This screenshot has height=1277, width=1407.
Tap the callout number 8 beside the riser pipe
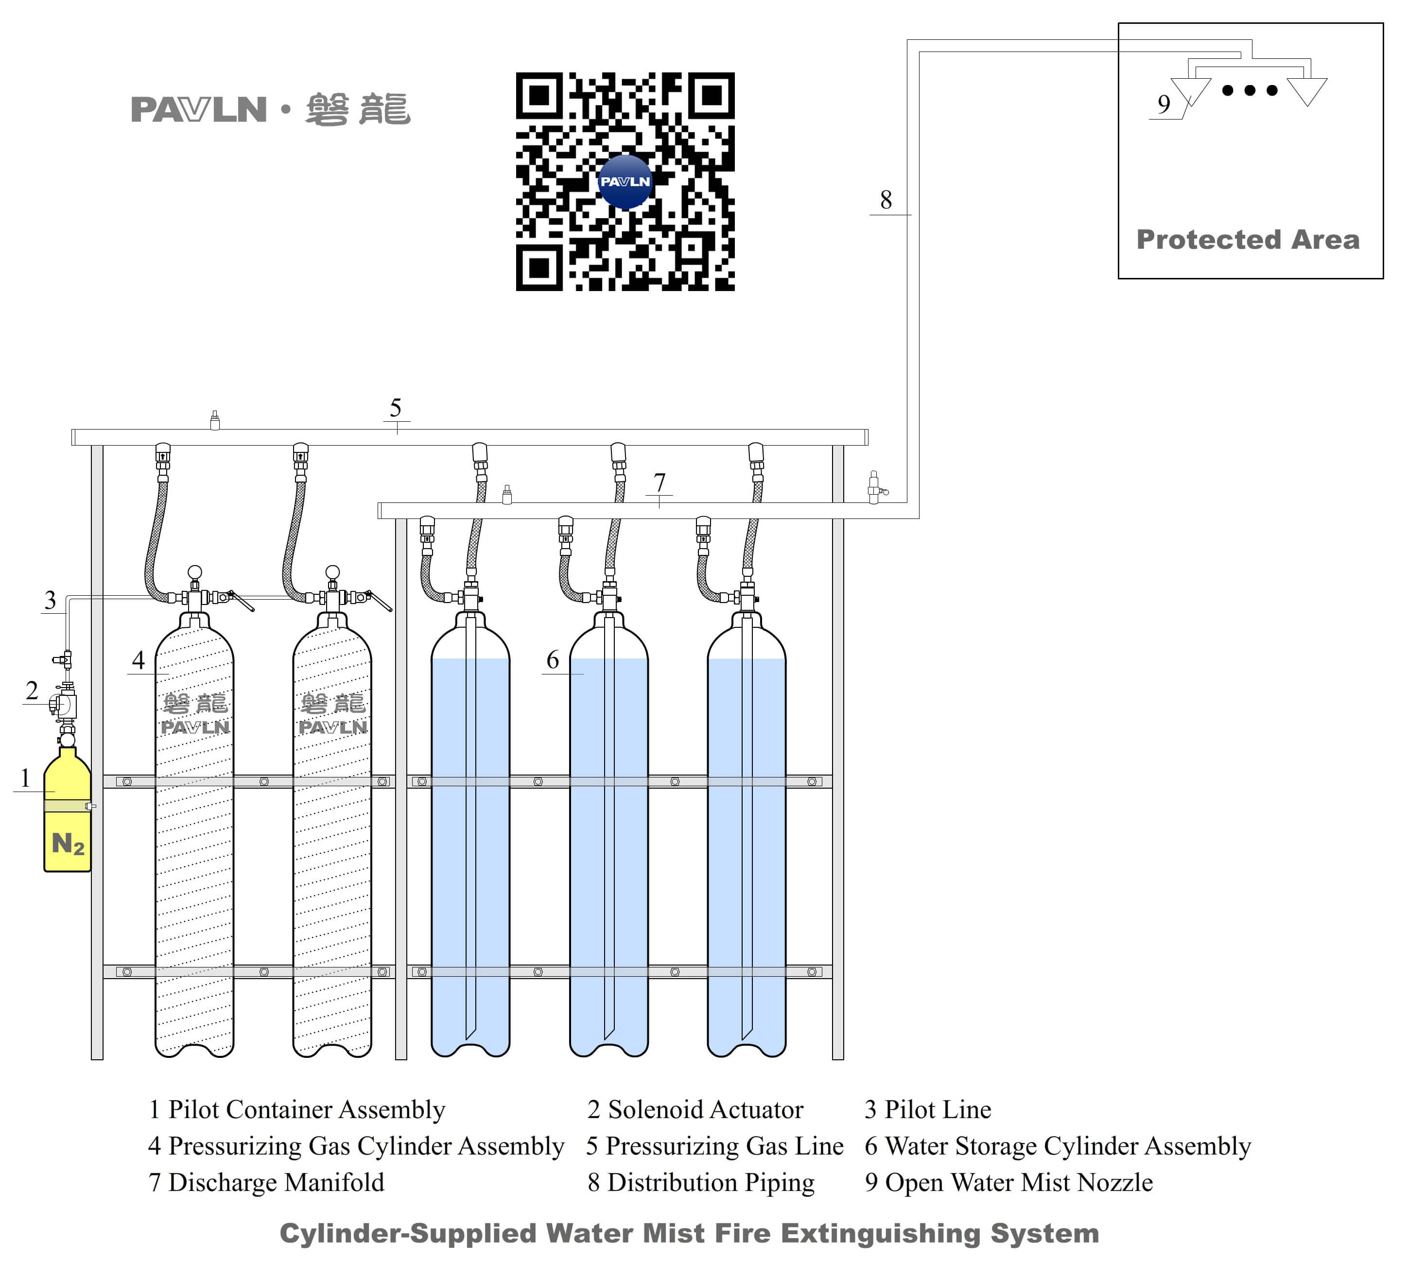pyautogui.click(x=886, y=200)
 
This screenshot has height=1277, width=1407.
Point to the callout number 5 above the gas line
pyautogui.click(x=396, y=408)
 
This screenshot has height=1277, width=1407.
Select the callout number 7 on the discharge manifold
pyautogui.click(x=660, y=482)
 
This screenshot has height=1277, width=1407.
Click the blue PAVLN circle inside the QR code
pyautogui.click(x=625, y=181)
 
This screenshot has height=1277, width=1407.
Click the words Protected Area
pyautogui.click(x=1248, y=240)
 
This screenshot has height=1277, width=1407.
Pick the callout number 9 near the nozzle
pyautogui.click(x=1164, y=104)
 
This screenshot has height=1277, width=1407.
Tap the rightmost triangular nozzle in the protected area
pyautogui.click(x=1306, y=90)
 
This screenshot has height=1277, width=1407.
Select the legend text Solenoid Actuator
pyautogui.click(x=705, y=1109)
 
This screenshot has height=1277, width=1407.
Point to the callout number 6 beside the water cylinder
pyautogui.click(x=553, y=659)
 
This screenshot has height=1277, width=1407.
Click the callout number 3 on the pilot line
pyautogui.click(x=50, y=600)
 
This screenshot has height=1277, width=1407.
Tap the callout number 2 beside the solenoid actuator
pyautogui.click(x=32, y=691)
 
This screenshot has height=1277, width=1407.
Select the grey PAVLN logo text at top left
pyautogui.click(x=199, y=109)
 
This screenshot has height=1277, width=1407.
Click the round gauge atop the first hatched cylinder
pyautogui.click(x=195, y=572)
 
